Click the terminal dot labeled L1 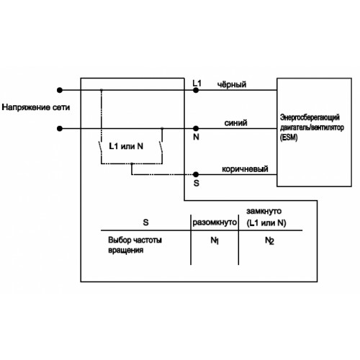coord(196,90)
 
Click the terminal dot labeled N coord(196,128)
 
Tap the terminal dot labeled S coord(196,174)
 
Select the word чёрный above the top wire coord(232,84)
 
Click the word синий coord(235,123)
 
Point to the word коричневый coord(245,169)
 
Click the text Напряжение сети coord(36,107)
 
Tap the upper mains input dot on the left coord(60,90)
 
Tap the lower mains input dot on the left coord(60,129)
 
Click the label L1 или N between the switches coord(126,146)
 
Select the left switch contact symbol coord(101,147)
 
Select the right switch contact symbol coord(161,147)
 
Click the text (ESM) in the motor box coord(289,138)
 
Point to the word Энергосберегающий coord(310,117)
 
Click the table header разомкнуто coord(215,222)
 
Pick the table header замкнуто coord(264,211)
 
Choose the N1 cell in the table coord(215,240)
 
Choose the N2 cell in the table coord(269,240)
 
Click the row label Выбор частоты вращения coord(135,245)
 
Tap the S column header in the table coord(145,222)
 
